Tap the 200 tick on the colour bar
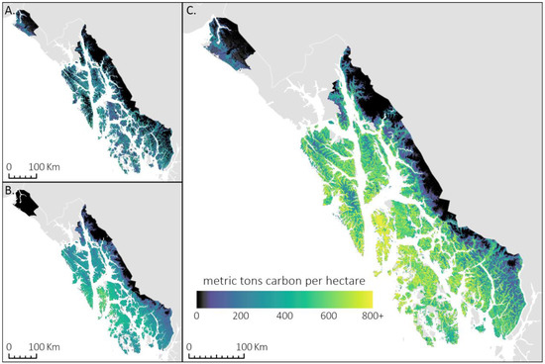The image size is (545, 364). click(240, 316)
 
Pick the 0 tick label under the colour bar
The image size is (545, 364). click(197, 316)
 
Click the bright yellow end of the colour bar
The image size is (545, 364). click(368, 298)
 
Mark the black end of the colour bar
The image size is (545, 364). click(200, 298)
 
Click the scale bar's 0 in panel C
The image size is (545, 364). click(190, 348)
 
